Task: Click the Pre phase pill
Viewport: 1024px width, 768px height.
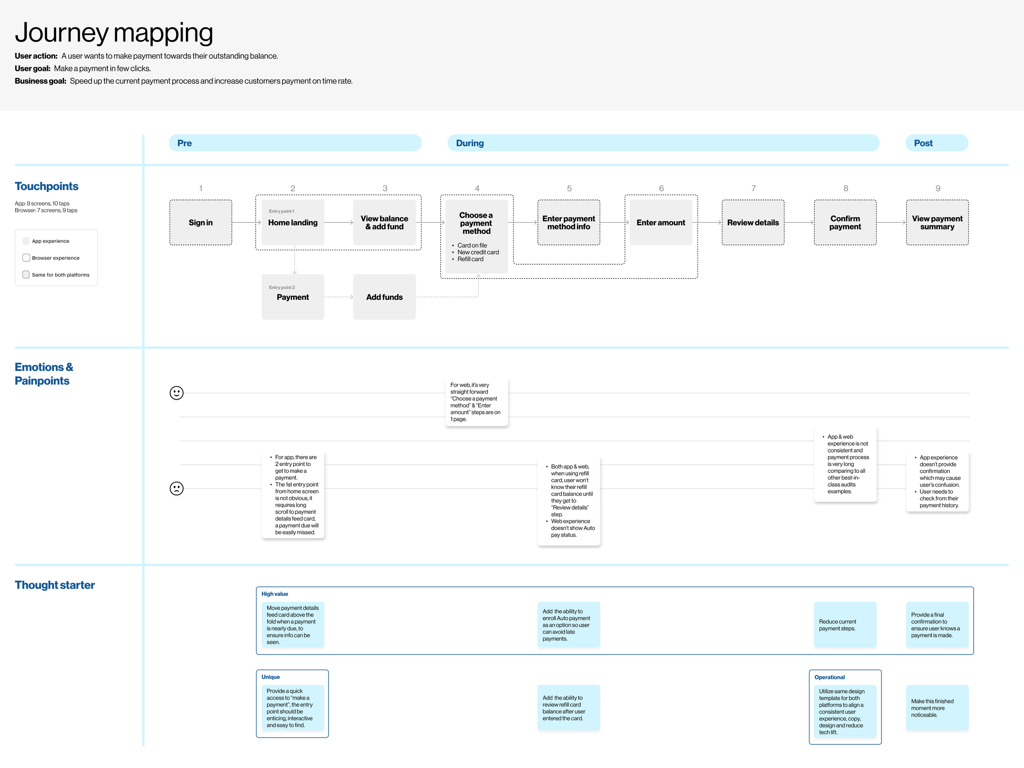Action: coord(295,143)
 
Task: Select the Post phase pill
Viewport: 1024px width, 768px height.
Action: coord(936,143)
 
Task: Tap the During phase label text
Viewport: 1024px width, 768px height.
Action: coord(469,143)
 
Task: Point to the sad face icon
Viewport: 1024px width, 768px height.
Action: coord(177,488)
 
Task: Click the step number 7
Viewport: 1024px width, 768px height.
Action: coord(753,188)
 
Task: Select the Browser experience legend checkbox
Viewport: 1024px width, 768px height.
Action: coord(26,258)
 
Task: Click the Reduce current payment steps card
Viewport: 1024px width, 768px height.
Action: coord(845,625)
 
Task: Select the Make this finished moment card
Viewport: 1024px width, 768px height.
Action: coord(937,708)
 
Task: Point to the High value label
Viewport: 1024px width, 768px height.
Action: coord(274,594)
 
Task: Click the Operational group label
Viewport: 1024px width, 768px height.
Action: coord(829,677)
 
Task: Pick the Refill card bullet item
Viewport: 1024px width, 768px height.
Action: coord(470,259)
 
